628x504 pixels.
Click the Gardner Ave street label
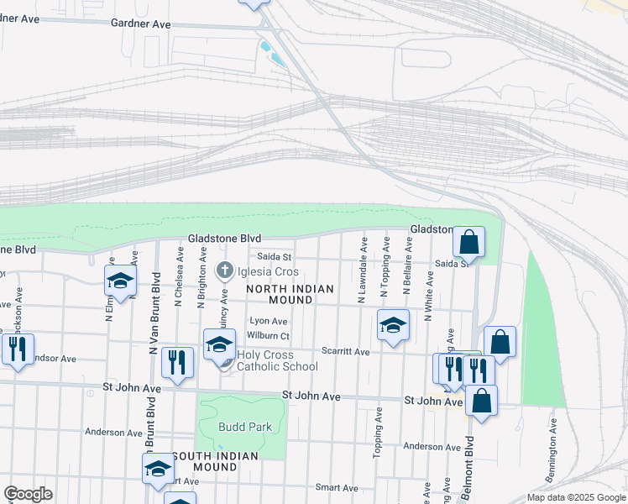coord(140,24)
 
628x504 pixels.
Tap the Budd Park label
coord(245,427)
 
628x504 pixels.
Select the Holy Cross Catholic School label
coord(277,360)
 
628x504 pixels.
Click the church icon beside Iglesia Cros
coord(224,271)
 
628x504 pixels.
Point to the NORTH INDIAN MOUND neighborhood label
coord(290,295)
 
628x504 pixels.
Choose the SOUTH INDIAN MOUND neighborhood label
coord(215,461)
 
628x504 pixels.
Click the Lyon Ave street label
coord(269,321)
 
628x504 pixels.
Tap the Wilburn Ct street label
coord(269,336)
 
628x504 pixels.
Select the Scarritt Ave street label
coord(347,351)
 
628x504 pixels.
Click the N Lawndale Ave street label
coord(363,270)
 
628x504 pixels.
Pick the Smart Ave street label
coord(337,487)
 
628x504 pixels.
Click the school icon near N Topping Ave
coord(392,324)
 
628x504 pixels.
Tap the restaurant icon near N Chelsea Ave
coord(176,361)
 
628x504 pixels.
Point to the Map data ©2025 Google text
coord(576,497)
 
